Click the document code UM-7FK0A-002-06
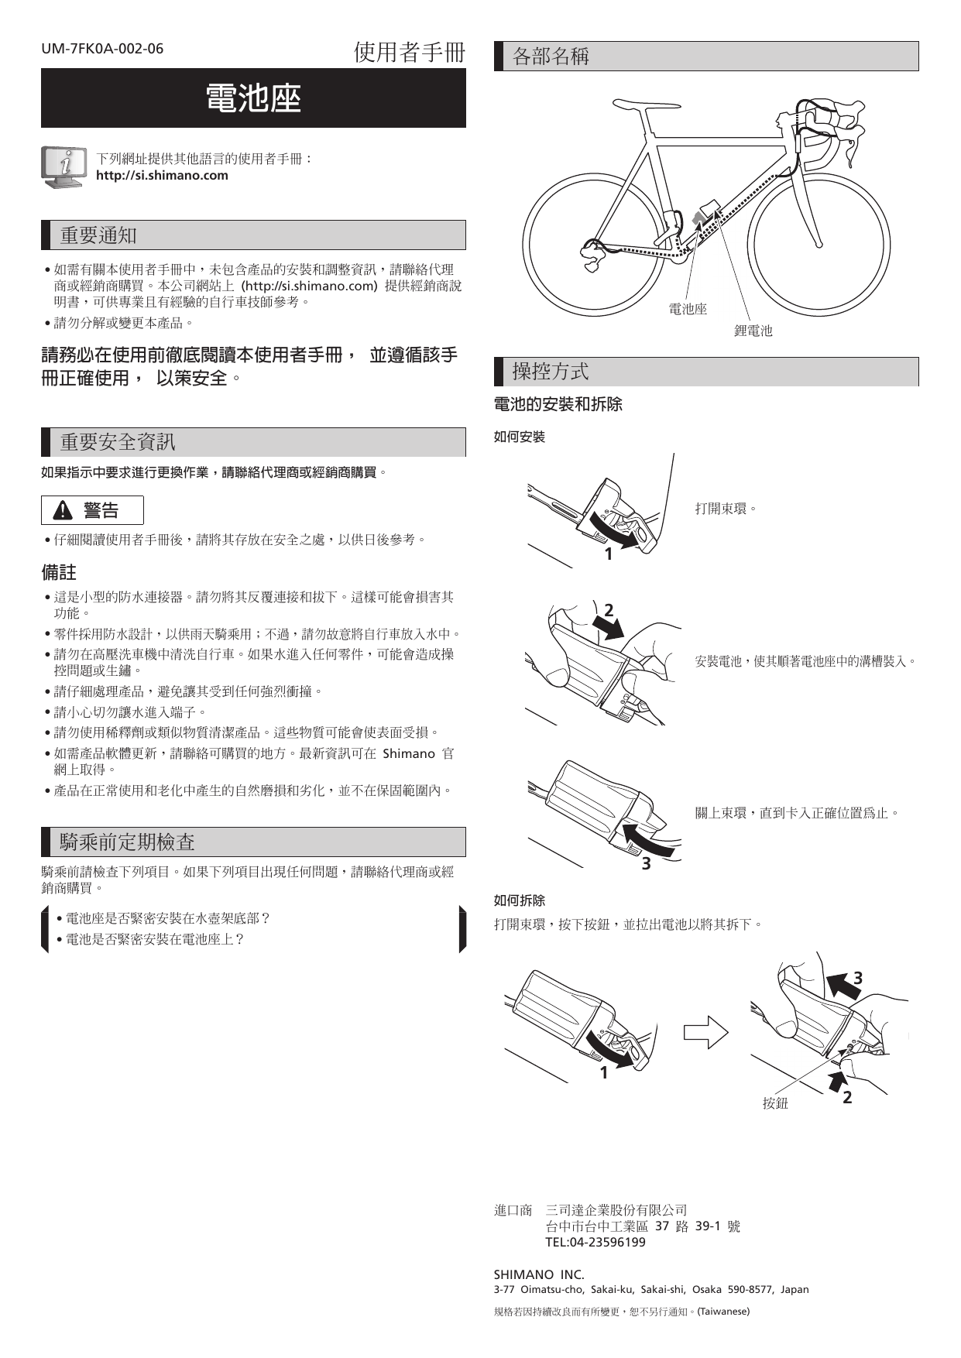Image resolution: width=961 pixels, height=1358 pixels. [x=102, y=49]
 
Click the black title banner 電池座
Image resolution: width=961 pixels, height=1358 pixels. [x=253, y=98]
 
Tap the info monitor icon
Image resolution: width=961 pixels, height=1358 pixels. [x=62, y=166]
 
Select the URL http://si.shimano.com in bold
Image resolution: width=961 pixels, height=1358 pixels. [x=162, y=176]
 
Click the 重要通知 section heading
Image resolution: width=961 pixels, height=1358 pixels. [x=98, y=235]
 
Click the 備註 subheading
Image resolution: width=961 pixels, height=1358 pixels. [x=59, y=572]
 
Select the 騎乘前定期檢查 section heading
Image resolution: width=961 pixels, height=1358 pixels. [x=127, y=842]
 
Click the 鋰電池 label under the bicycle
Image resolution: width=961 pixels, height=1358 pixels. [x=753, y=331]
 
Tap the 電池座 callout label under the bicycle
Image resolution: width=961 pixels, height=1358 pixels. [x=688, y=310]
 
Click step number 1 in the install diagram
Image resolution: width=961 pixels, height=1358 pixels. [x=609, y=554]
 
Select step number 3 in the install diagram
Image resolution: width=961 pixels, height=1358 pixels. [x=646, y=863]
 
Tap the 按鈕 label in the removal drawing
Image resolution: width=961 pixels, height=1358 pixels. [x=774, y=1103]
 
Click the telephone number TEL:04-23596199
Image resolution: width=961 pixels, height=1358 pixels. [x=595, y=1242]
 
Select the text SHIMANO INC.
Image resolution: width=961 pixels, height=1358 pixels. [x=539, y=1274]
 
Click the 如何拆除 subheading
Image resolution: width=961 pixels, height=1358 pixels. [x=520, y=900]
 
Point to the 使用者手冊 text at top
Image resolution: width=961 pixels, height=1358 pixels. [x=410, y=53]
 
